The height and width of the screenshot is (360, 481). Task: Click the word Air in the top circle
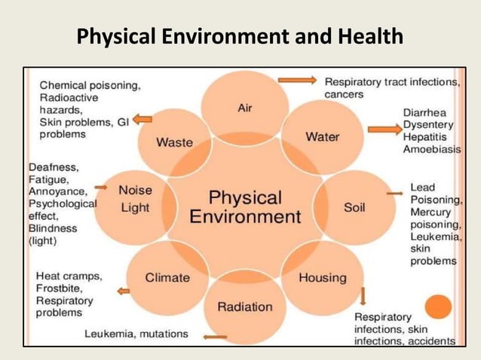[x=244, y=108]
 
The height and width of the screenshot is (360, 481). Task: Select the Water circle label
[x=322, y=136]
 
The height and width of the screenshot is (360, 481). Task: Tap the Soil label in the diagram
[x=354, y=207]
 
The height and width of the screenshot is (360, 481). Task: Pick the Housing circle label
[x=323, y=277]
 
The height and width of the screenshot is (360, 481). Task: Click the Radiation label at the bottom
[x=244, y=306]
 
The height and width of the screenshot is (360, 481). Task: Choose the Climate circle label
[x=167, y=277]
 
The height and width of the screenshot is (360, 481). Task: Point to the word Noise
[x=136, y=191]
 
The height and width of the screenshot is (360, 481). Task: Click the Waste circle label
[x=174, y=142]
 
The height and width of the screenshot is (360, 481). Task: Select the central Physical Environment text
[x=245, y=207]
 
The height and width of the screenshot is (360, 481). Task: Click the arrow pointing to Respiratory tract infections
[x=296, y=80]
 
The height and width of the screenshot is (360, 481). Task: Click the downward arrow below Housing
[x=363, y=294]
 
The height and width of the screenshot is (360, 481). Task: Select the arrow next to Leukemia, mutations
[x=215, y=337]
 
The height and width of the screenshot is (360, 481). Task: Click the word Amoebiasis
[x=431, y=150]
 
